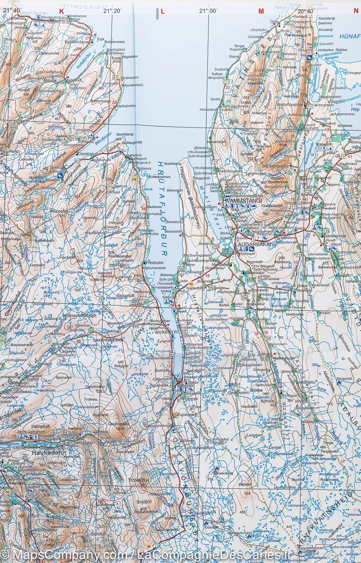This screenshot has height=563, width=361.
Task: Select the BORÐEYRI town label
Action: pyautogui.click(x=163, y=332)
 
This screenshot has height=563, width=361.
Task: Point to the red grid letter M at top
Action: pyautogui.click(x=261, y=12)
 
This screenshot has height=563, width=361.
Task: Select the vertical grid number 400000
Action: pyautogui.click(x=153, y=11)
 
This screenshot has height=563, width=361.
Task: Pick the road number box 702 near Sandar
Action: pyautogui.click(x=216, y=245)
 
